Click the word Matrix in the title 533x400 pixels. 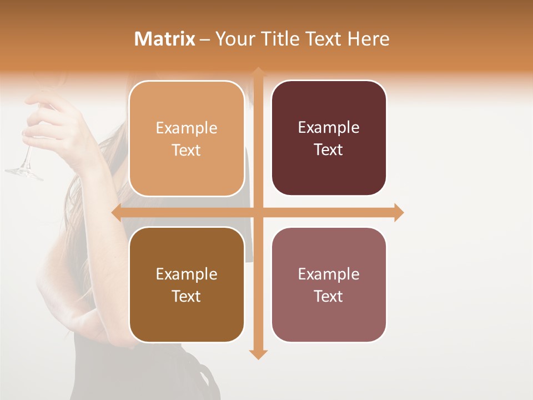tap(165, 39)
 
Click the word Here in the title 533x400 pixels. tap(368, 39)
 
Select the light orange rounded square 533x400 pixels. tap(187, 138)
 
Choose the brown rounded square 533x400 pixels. tap(187, 284)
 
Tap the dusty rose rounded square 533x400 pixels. tap(329, 284)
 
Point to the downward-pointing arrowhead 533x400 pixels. tap(258, 354)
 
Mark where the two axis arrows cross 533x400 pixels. tap(258, 212)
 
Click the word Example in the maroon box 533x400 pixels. tap(329, 127)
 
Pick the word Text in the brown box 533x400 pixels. tap(187, 296)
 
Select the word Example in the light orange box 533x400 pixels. tap(187, 128)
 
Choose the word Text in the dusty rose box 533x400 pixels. tap(329, 296)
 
